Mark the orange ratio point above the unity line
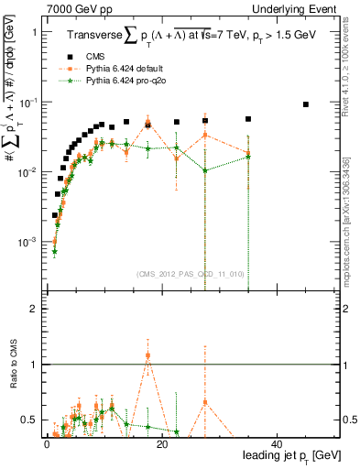point(148,355)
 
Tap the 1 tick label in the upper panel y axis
point(33,32)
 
